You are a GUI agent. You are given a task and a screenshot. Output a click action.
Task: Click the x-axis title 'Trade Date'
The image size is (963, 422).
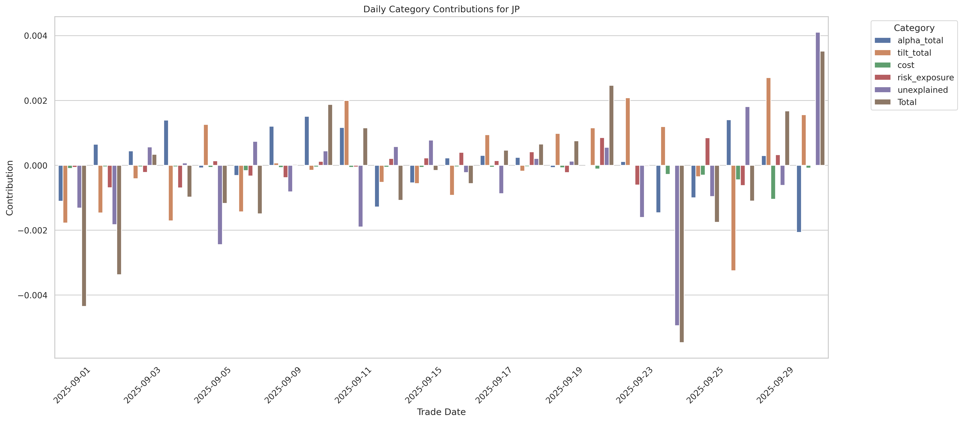point(441,412)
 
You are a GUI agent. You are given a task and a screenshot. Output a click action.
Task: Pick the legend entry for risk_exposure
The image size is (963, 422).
point(925,77)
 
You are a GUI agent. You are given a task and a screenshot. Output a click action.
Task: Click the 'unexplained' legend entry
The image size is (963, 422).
point(922,90)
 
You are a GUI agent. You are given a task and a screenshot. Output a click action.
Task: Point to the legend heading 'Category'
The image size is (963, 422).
point(914,28)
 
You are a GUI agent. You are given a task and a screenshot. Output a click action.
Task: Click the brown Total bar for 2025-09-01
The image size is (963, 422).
point(84,236)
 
